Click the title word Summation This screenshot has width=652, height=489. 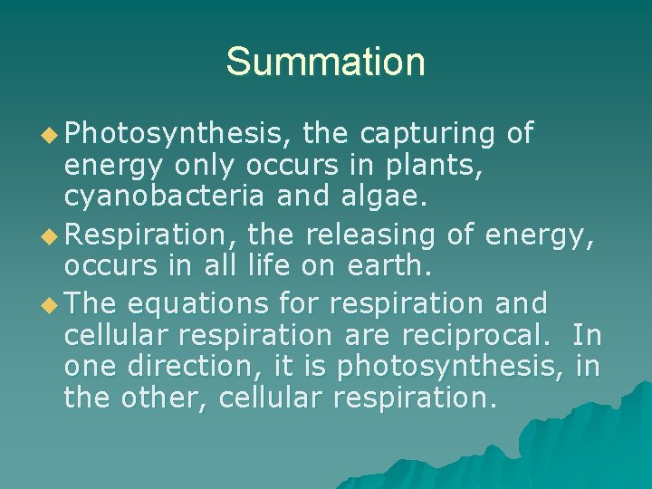coord(326,62)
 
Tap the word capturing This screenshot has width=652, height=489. coord(427,134)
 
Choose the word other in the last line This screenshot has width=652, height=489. coord(158,399)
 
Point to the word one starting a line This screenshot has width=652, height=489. coord(91,367)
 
